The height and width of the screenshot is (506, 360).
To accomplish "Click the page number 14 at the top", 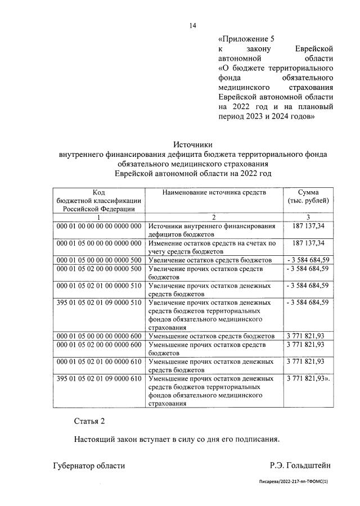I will pos(192,25).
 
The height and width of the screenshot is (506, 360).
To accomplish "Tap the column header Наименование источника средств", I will pos(214,193).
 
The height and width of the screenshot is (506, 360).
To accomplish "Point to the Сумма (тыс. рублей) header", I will pos(308,197).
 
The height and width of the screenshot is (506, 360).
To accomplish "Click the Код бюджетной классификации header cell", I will pos(98,201).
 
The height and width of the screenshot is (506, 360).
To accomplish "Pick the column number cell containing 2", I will pos(214,217).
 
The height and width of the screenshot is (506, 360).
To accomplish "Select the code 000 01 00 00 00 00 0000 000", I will pos(98,226).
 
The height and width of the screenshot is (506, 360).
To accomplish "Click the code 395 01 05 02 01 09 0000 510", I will pos(98,302).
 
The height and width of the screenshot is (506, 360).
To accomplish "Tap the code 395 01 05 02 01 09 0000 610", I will pos(98,378).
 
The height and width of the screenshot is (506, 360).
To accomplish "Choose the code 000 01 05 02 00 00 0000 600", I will pos(98,345).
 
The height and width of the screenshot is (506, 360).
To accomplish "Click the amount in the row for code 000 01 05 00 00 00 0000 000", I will pos(309,243).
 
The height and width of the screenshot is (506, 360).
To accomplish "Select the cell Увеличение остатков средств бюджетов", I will pos(210,260).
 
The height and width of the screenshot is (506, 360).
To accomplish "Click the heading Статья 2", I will pos(89,421).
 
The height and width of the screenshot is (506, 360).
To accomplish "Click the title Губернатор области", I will pos(89,465).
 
